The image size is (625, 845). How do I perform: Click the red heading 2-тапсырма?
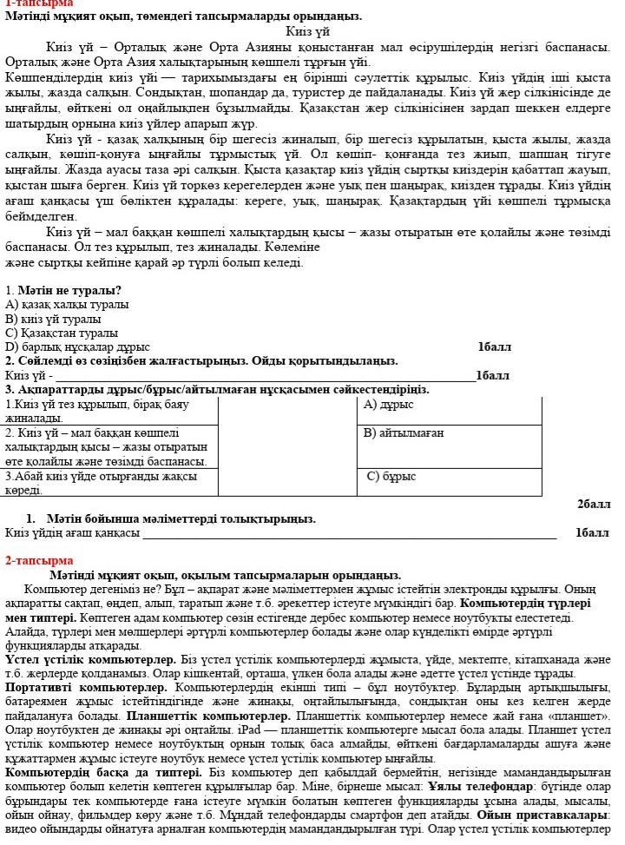[x=39, y=560]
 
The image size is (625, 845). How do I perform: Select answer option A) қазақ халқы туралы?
[x=67, y=305]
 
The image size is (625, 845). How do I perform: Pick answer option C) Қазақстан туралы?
[x=62, y=333]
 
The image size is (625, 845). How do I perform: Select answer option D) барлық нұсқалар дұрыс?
[x=77, y=347]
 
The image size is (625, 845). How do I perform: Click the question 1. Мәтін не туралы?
[x=63, y=290]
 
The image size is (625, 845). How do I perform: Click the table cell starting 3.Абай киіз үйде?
[x=109, y=483]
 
